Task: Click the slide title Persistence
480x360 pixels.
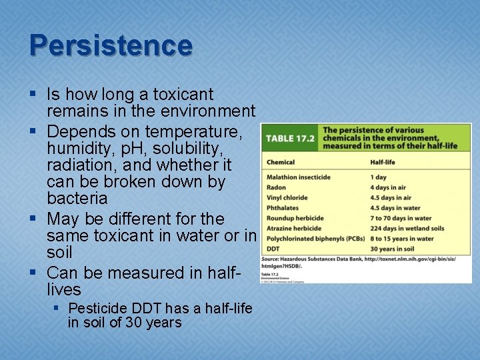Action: [x=111, y=45]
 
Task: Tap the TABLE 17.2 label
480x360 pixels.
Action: [x=289, y=139]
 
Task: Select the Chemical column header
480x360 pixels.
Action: [x=281, y=162]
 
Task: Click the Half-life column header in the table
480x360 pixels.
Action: [x=383, y=162]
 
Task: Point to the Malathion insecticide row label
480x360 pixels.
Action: [x=299, y=177]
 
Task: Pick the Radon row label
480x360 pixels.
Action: [x=277, y=187]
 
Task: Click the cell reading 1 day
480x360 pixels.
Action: [x=378, y=177]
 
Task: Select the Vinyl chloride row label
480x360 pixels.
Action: [x=287, y=197]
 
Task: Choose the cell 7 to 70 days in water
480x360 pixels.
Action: [x=401, y=218]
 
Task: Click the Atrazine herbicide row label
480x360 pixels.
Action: [x=295, y=229]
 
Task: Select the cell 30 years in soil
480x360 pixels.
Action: [x=394, y=249]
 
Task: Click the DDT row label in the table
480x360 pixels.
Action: [x=273, y=249]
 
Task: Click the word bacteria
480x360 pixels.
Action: [x=77, y=198]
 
